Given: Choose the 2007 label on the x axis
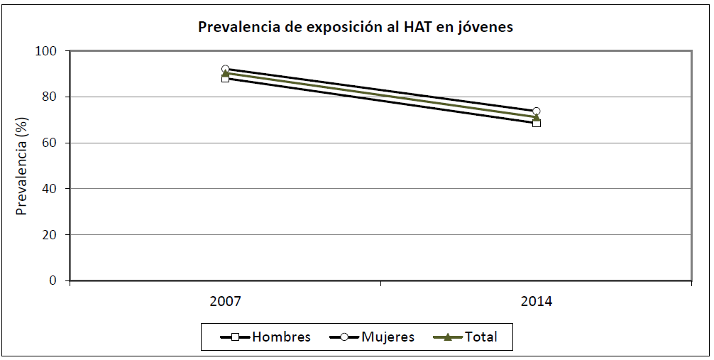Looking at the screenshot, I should pyautogui.click(x=226, y=301).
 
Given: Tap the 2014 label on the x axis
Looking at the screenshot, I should pyautogui.click(x=537, y=301).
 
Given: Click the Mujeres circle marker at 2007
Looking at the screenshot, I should pyautogui.click(x=226, y=70).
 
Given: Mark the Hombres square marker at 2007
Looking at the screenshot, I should pyautogui.click(x=226, y=78).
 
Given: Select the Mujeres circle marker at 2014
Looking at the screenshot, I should pyautogui.click(x=537, y=111).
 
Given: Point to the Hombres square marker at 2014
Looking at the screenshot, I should pyautogui.click(x=537, y=123).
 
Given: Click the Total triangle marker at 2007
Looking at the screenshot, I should pyautogui.click(x=226, y=74).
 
